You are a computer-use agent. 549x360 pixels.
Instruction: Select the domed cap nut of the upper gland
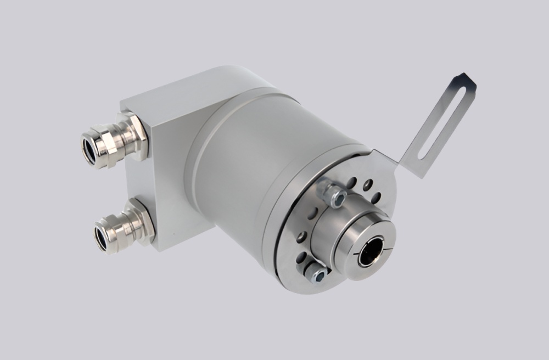(104, 145)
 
